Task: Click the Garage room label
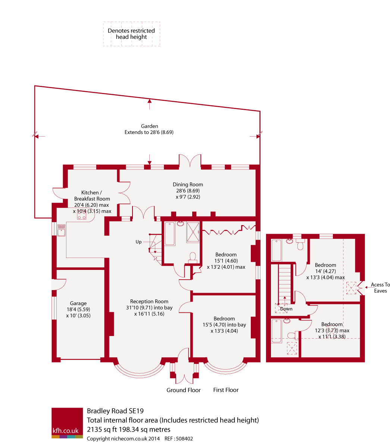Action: [x=78, y=304]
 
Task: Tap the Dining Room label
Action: [x=188, y=184]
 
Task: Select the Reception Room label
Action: [x=149, y=301]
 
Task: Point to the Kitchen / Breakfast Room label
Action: [x=92, y=196]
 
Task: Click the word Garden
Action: [x=149, y=126]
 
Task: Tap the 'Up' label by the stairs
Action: [x=138, y=242]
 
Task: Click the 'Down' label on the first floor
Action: [x=286, y=309]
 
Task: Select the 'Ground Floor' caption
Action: [x=184, y=390]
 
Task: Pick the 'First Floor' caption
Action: [x=226, y=390]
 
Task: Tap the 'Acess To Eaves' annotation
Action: [x=380, y=288]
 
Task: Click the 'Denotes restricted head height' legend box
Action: [x=131, y=34]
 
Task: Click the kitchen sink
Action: [x=62, y=230]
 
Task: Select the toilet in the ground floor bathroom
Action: [x=193, y=257]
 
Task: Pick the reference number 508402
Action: [x=184, y=439]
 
